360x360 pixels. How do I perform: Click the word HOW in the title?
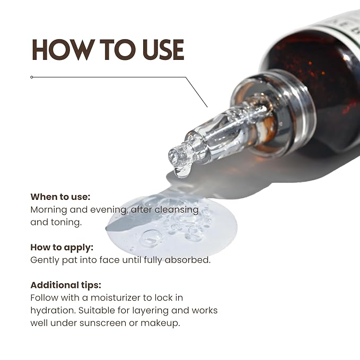coord(63,50)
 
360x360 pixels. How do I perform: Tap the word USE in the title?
coord(163,50)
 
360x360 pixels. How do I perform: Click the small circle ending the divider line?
coord(32,77)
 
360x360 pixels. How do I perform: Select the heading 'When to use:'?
coord(60,197)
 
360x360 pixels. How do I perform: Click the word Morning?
coord(49,210)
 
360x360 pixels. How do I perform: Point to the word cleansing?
coord(177,210)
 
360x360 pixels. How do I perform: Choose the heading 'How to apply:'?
coord(62,248)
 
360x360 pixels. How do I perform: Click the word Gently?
coord(45,260)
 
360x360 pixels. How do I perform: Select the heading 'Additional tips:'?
coord(66,285)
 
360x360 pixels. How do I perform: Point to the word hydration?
coord(53,311)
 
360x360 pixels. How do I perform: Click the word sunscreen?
coord(103,323)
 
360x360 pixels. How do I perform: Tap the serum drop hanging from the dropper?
coord(183,171)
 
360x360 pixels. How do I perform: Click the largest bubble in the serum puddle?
coord(151,238)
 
